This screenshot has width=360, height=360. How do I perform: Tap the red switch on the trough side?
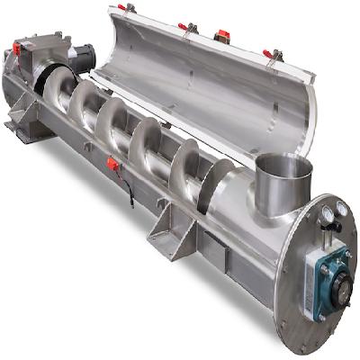[x=112, y=164]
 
